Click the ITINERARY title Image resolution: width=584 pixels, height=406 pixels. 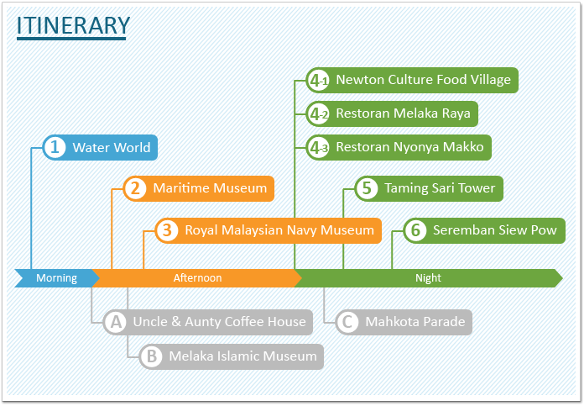coord(73,25)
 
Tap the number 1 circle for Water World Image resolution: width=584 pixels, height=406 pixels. coord(55,147)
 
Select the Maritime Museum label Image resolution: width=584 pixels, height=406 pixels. coord(210,188)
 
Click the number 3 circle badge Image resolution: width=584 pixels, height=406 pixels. coord(167,230)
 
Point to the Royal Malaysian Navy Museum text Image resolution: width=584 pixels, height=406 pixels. coord(279,230)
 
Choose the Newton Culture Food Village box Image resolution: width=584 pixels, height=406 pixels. coord(412,80)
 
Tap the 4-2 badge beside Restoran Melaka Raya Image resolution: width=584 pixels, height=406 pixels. coord(318,113)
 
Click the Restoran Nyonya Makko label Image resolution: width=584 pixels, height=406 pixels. coord(409,147)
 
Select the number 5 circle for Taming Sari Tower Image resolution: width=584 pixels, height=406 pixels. coord(367,188)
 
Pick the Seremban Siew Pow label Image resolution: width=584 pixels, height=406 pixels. coord(494,230)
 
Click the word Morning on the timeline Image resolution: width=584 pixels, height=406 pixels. coord(56,278)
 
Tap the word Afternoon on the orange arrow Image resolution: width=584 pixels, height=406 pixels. coord(197,278)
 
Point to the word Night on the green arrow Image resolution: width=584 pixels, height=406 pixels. coord(428,278)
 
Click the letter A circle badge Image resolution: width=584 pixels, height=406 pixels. coord(116,322)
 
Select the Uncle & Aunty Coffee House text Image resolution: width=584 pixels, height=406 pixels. coord(219,322)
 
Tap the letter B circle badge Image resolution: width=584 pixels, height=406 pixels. coord(151,356)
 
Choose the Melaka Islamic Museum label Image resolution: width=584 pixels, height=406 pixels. coord(242,356)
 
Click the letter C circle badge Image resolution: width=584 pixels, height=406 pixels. coord(347,322)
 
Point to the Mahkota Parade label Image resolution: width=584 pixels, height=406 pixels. coord(415,322)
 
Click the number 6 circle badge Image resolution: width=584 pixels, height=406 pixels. coord(415,230)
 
